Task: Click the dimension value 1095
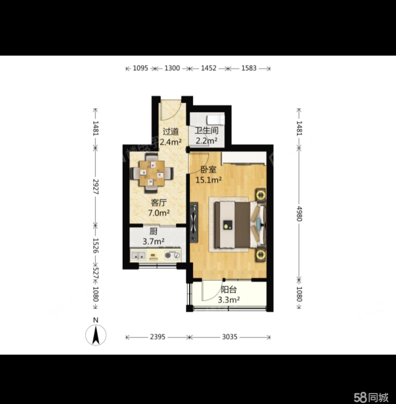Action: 141,68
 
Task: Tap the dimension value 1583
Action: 249,68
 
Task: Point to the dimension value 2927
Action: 95,186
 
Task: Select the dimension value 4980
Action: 299,214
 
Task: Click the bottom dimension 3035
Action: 230,337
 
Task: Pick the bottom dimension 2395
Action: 158,337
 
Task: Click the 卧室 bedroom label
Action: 208,170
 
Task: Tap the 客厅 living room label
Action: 159,203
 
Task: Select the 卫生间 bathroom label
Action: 207,130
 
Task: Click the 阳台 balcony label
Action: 229,289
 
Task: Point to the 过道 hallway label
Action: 171,131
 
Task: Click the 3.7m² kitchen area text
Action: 153,242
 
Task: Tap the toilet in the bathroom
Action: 215,120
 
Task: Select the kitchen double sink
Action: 138,256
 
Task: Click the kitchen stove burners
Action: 172,255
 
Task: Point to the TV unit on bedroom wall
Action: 194,222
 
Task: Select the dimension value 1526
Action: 95,246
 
